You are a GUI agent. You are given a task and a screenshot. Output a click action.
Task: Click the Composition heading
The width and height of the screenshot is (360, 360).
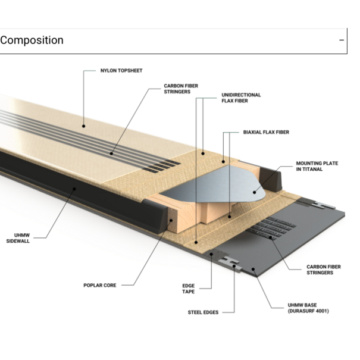click(x=32, y=40)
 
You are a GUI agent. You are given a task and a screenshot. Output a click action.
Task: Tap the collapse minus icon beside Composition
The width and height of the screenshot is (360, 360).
click(x=342, y=40)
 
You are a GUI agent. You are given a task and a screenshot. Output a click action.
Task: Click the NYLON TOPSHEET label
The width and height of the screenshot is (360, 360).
click(x=121, y=71)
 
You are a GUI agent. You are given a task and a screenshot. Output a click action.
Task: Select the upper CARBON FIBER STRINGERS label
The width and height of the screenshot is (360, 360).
click(x=181, y=89)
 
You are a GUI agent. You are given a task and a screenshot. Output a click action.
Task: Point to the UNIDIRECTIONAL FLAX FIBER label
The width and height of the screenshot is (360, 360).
click(x=241, y=98)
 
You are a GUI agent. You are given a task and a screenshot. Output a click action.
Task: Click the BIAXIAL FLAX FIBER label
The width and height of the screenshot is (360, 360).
click(x=266, y=132)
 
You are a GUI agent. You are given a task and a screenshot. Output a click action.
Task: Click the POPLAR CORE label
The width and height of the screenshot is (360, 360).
click(x=99, y=285)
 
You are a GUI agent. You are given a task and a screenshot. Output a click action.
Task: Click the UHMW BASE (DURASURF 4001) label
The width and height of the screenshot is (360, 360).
click(x=308, y=308)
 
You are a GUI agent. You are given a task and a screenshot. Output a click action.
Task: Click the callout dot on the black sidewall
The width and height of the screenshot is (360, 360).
click(x=73, y=190)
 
